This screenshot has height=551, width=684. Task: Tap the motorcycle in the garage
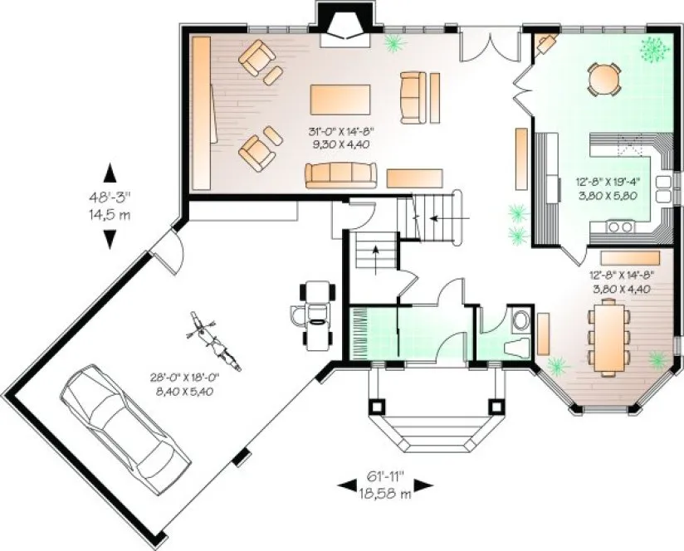click(x=213, y=341)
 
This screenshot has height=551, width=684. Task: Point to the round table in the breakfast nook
click(x=604, y=78)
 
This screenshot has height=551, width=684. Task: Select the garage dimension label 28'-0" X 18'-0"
click(x=181, y=386)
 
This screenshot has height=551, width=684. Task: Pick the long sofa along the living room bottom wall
click(x=340, y=173)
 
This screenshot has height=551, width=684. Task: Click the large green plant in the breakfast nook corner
click(x=654, y=50)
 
